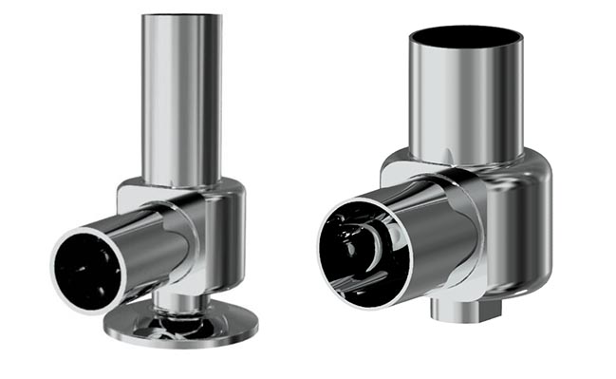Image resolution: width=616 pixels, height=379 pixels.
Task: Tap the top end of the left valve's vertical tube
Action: point(181,17)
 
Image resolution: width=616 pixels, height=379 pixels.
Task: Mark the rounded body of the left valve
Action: point(223,233)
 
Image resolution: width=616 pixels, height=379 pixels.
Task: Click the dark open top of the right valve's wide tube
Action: point(465,40)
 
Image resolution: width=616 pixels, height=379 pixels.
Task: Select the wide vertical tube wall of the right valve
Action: point(465,104)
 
